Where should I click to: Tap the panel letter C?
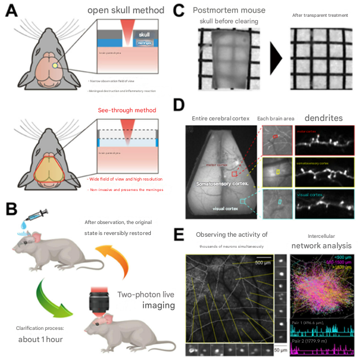coord(179,11)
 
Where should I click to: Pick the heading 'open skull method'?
coord(134,11)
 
